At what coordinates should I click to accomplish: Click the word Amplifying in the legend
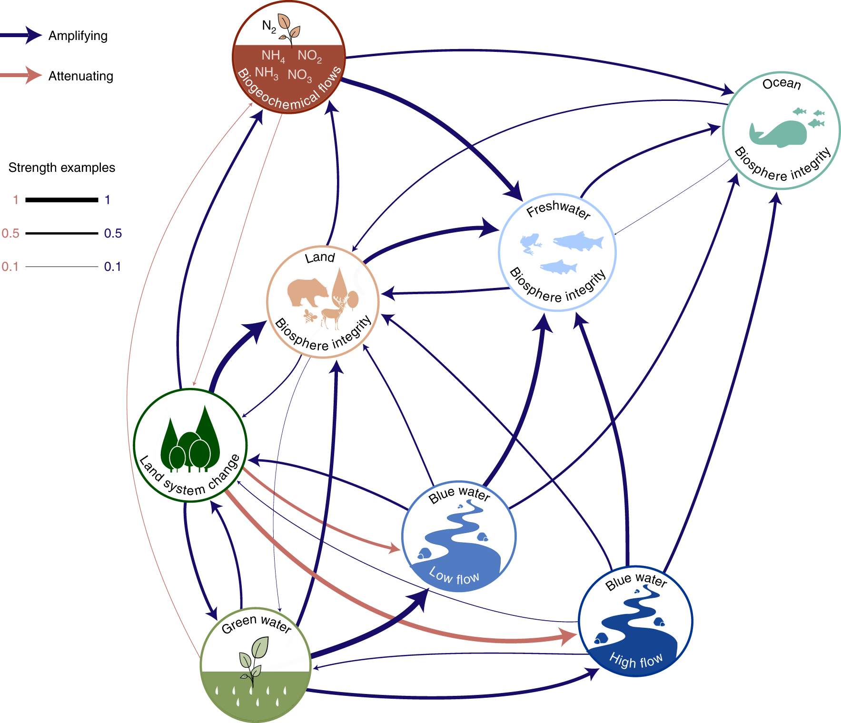click(78, 36)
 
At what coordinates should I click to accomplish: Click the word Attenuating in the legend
click(81, 76)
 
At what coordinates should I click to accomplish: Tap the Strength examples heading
click(62, 168)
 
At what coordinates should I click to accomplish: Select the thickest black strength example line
click(61, 200)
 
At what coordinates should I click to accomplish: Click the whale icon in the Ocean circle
click(779, 133)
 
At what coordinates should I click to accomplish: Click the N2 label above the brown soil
click(269, 26)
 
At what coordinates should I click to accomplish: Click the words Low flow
click(455, 576)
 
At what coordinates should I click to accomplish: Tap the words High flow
click(636, 661)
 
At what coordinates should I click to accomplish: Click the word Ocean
click(782, 84)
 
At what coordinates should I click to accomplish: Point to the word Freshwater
click(558, 209)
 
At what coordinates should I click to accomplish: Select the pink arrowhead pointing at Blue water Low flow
click(395, 548)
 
